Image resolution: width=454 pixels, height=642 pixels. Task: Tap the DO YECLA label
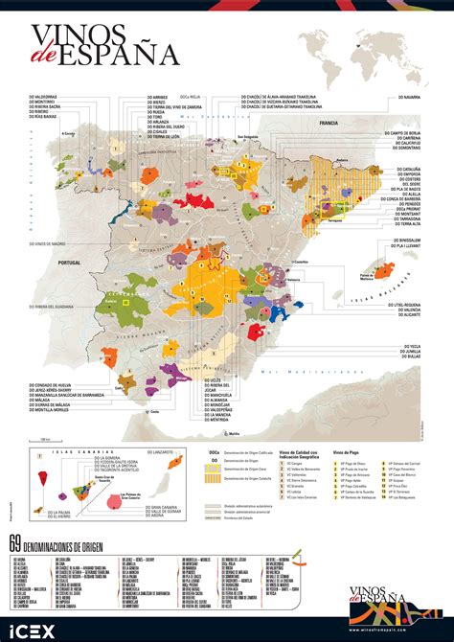pyautogui.click(x=404, y=345)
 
